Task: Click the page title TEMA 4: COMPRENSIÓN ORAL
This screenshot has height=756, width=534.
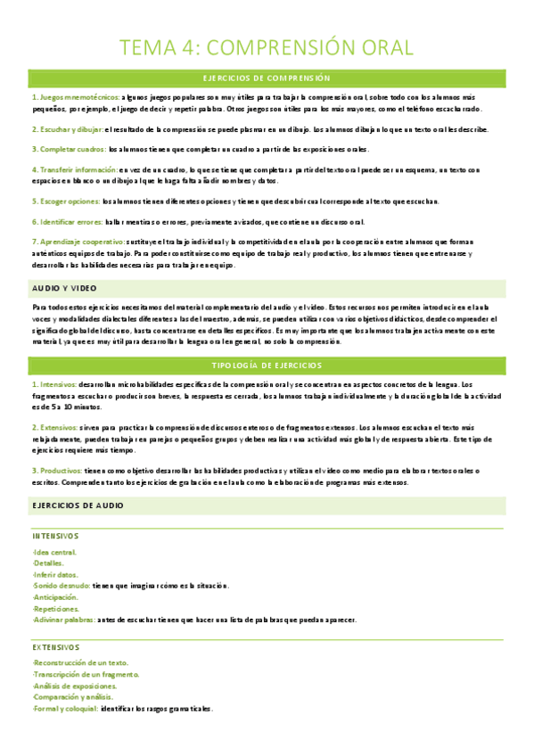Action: pyautogui.click(x=267, y=46)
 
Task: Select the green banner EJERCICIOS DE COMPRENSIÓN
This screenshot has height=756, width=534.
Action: pyautogui.click(x=267, y=78)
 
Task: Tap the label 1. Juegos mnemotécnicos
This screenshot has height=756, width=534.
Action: pyautogui.click(x=65, y=95)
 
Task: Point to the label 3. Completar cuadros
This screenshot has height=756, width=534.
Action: pyautogui.click(x=68, y=149)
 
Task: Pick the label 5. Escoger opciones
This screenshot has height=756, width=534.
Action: pyautogui.click(x=65, y=201)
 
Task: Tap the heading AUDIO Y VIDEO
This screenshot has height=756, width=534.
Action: pyautogui.click(x=63, y=288)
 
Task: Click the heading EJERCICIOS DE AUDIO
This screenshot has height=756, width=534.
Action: pyautogui.click(x=77, y=505)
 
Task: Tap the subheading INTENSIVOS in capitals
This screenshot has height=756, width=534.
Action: pyautogui.click(x=55, y=536)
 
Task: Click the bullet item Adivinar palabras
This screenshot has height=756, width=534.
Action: pyautogui.click(x=64, y=619)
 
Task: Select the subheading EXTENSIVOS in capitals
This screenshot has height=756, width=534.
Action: pyautogui.click(x=55, y=647)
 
